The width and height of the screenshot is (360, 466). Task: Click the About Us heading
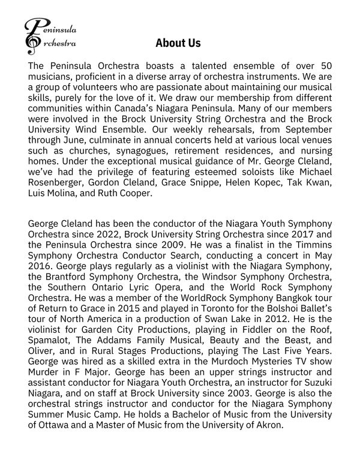tap(178, 43)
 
